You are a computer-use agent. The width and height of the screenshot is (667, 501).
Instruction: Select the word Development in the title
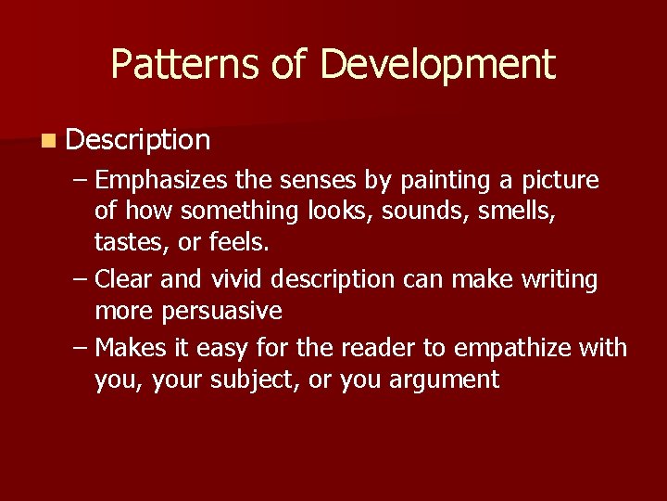coord(437,64)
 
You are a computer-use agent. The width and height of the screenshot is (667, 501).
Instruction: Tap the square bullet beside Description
coord(47,141)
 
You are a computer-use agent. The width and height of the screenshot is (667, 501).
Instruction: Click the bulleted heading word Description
coord(139,140)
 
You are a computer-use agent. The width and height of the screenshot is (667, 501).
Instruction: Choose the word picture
coord(560,180)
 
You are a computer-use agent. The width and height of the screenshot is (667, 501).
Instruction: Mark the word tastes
coord(124,243)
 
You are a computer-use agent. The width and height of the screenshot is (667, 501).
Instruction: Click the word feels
coord(239,243)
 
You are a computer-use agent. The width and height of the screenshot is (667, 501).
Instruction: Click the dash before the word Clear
coord(81,279)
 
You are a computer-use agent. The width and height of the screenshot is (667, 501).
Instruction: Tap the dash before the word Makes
coord(81,348)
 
